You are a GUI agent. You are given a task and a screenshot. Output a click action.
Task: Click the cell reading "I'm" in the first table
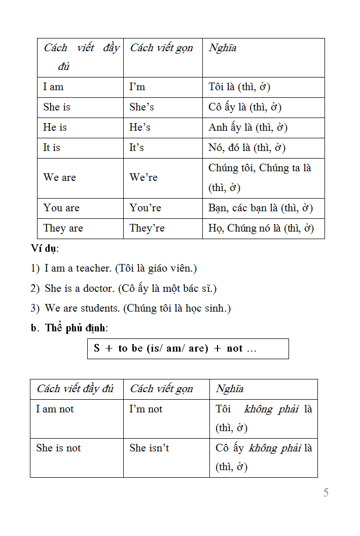tap(137, 87)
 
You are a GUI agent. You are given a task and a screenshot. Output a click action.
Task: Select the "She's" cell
tap(141, 107)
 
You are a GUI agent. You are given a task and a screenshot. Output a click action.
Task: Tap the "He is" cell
tap(55, 128)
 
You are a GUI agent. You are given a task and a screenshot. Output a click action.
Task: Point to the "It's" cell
tap(136, 148)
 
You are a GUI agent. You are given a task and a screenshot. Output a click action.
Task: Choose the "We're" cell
tap(143, 178)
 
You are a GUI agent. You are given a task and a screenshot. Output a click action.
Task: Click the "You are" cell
tap(61, 208)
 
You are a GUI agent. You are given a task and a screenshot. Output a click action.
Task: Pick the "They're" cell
tap(147, 228)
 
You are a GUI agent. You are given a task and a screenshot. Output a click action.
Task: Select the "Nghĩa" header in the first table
tap(223, 48)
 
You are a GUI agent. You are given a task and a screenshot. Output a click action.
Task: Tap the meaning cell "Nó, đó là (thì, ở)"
tap(247, 148)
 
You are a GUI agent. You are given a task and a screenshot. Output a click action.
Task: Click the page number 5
tap(326, 492)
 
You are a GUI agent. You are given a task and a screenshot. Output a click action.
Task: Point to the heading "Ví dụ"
tap(44, 248)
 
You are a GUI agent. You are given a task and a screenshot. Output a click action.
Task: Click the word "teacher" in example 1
tap(94, 268)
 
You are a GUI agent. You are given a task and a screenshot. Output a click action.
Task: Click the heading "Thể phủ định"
tap(76, 328)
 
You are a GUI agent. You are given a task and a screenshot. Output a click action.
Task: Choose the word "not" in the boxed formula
tap(235, 349)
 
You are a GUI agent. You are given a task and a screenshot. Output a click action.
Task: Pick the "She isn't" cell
tap(149, 448)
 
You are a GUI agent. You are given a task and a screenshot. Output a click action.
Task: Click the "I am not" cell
tap(55, 409)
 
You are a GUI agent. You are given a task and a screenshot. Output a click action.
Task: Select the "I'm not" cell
tap(146, 409)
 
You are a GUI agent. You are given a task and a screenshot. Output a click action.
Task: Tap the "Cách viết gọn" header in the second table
tap(162, 389)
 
